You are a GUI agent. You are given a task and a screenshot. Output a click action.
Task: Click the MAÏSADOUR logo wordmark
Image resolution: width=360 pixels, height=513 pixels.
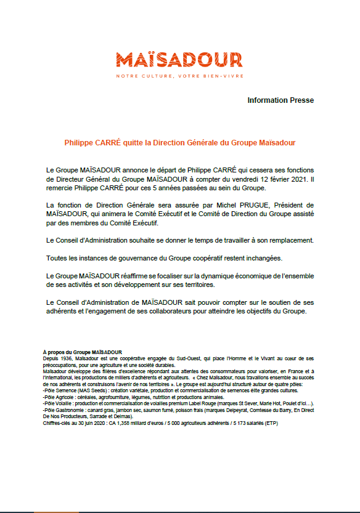pyautogui.click(x=179, y=60)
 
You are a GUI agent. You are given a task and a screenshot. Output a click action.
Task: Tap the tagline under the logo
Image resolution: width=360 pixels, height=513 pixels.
pyautogui.click(x=179, y=76)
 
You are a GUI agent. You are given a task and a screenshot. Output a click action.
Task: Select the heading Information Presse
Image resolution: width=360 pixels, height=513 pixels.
pyautogui.click(x=280, y=100)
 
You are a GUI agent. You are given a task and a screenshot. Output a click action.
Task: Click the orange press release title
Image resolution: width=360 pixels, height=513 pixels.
pyautogui.click(x=180, y=142)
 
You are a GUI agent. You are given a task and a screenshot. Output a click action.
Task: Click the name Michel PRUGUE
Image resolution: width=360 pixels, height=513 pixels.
pyautogui.click(x=245, y=204)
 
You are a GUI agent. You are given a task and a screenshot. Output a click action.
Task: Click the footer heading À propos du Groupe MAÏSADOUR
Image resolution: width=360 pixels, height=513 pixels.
pyautogui.click(x=83, y=352)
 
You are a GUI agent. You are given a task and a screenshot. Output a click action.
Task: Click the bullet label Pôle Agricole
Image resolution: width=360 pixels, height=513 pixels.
pyautogui.click(x=60, y=397)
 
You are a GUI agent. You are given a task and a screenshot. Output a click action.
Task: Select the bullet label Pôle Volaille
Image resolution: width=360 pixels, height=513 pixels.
pyautogui.click(x=59, y=403)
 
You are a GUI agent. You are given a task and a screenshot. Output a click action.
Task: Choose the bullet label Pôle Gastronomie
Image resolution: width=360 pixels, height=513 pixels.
pyautogui.click(x=64, y=409)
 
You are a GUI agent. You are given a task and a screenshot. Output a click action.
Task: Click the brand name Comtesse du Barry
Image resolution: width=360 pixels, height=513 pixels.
pyautogui.click(x=262, y=409)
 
